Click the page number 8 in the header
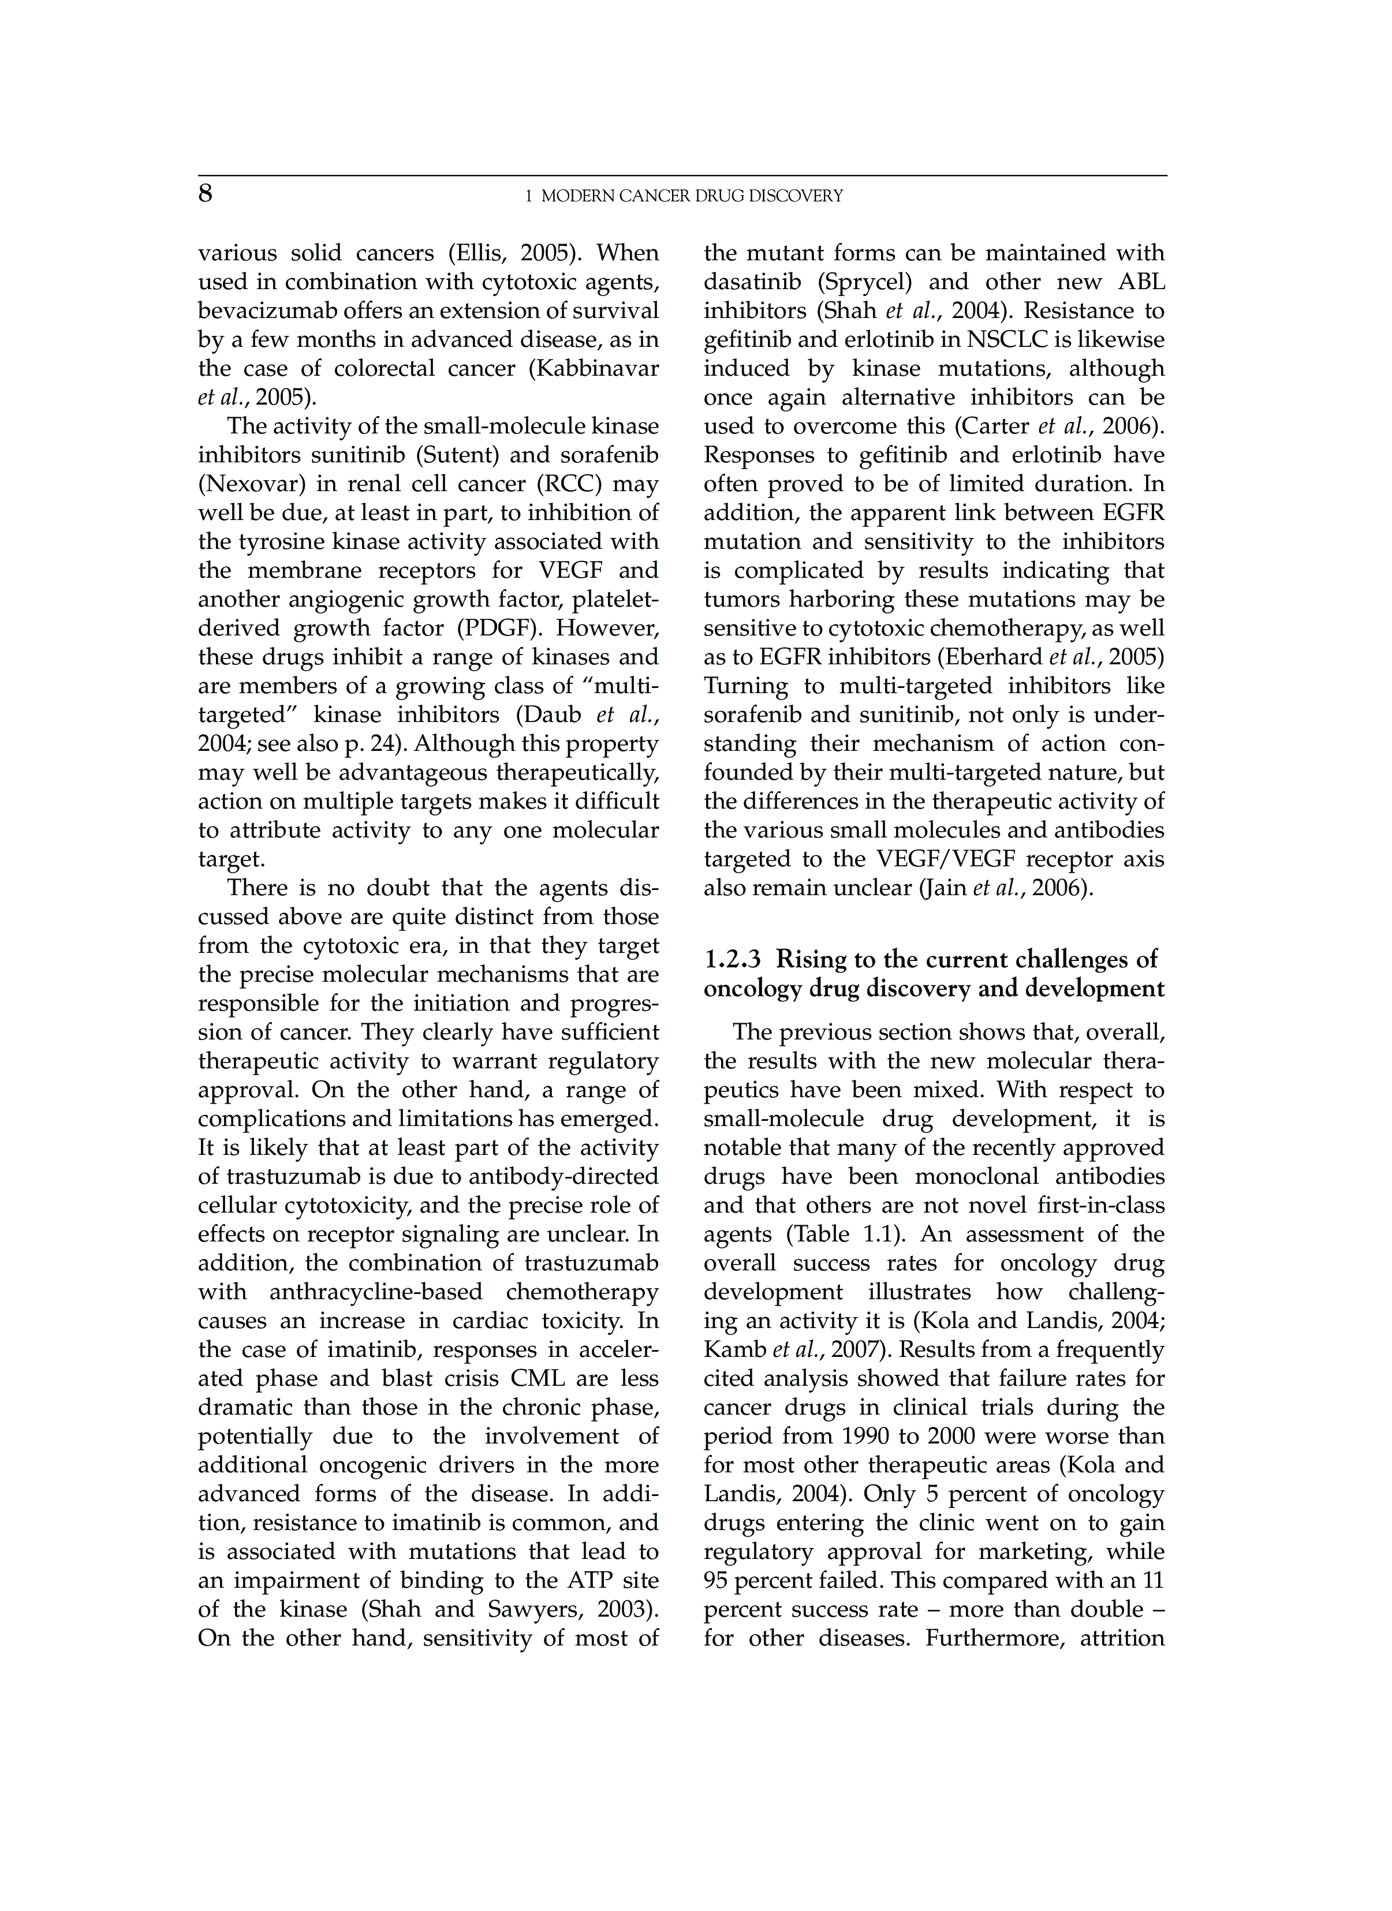coord(206,195)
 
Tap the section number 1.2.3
coord(732,960)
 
